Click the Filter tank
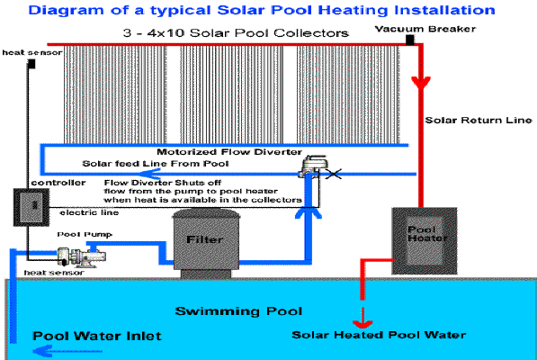[x=206, y=242]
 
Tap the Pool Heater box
[x=425, y=241]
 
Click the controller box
[x=31, y=207]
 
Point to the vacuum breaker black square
[x=410, y=40]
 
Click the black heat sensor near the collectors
[x=31, y=64]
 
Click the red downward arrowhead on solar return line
[x=421, y=83]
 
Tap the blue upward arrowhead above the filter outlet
[x=309, y=213]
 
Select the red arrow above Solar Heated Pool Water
[x=362, y=318]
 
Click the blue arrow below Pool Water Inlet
[x=67, y=351]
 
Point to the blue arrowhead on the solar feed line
[x=150, y=174]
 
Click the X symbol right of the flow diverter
[x=333, y=174]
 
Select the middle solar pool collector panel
[x=232, y=94]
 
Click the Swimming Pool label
[x=238, y=311]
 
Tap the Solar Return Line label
[x=479, y=121]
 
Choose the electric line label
[x=89, y=212]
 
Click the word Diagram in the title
[x=66, y=10]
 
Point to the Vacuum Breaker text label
[x=425, y=29]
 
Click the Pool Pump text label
[x=85, y=235]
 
